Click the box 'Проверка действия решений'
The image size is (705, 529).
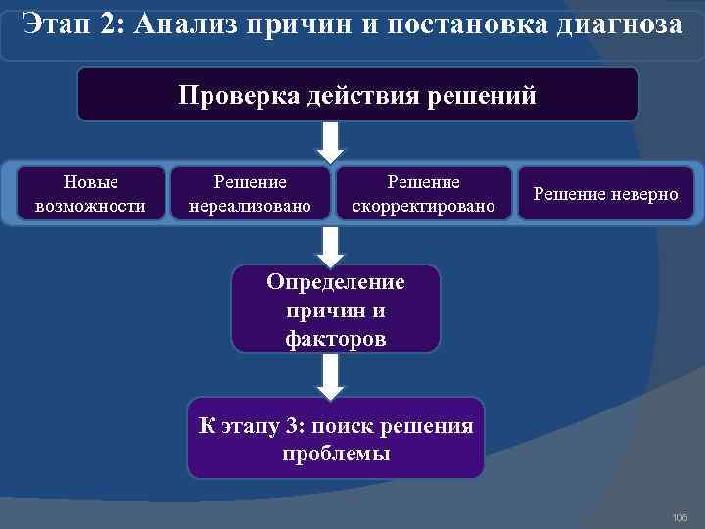pos(357,94)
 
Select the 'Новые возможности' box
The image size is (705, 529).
pos(90,193)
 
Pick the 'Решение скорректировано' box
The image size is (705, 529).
pos(423,193)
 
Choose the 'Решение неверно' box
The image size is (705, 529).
pos(605,194)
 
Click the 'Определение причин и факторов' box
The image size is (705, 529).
pos(336,310)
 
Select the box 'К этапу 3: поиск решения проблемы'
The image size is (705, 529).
pos(336,438)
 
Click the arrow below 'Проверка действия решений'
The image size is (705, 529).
pos(333,141)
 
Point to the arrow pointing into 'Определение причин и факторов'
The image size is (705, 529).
pos(333,244)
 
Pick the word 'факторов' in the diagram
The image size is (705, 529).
pos(336,339)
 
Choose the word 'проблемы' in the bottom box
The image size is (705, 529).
pos(336,454)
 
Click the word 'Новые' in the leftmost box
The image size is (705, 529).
pos(90,182)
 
